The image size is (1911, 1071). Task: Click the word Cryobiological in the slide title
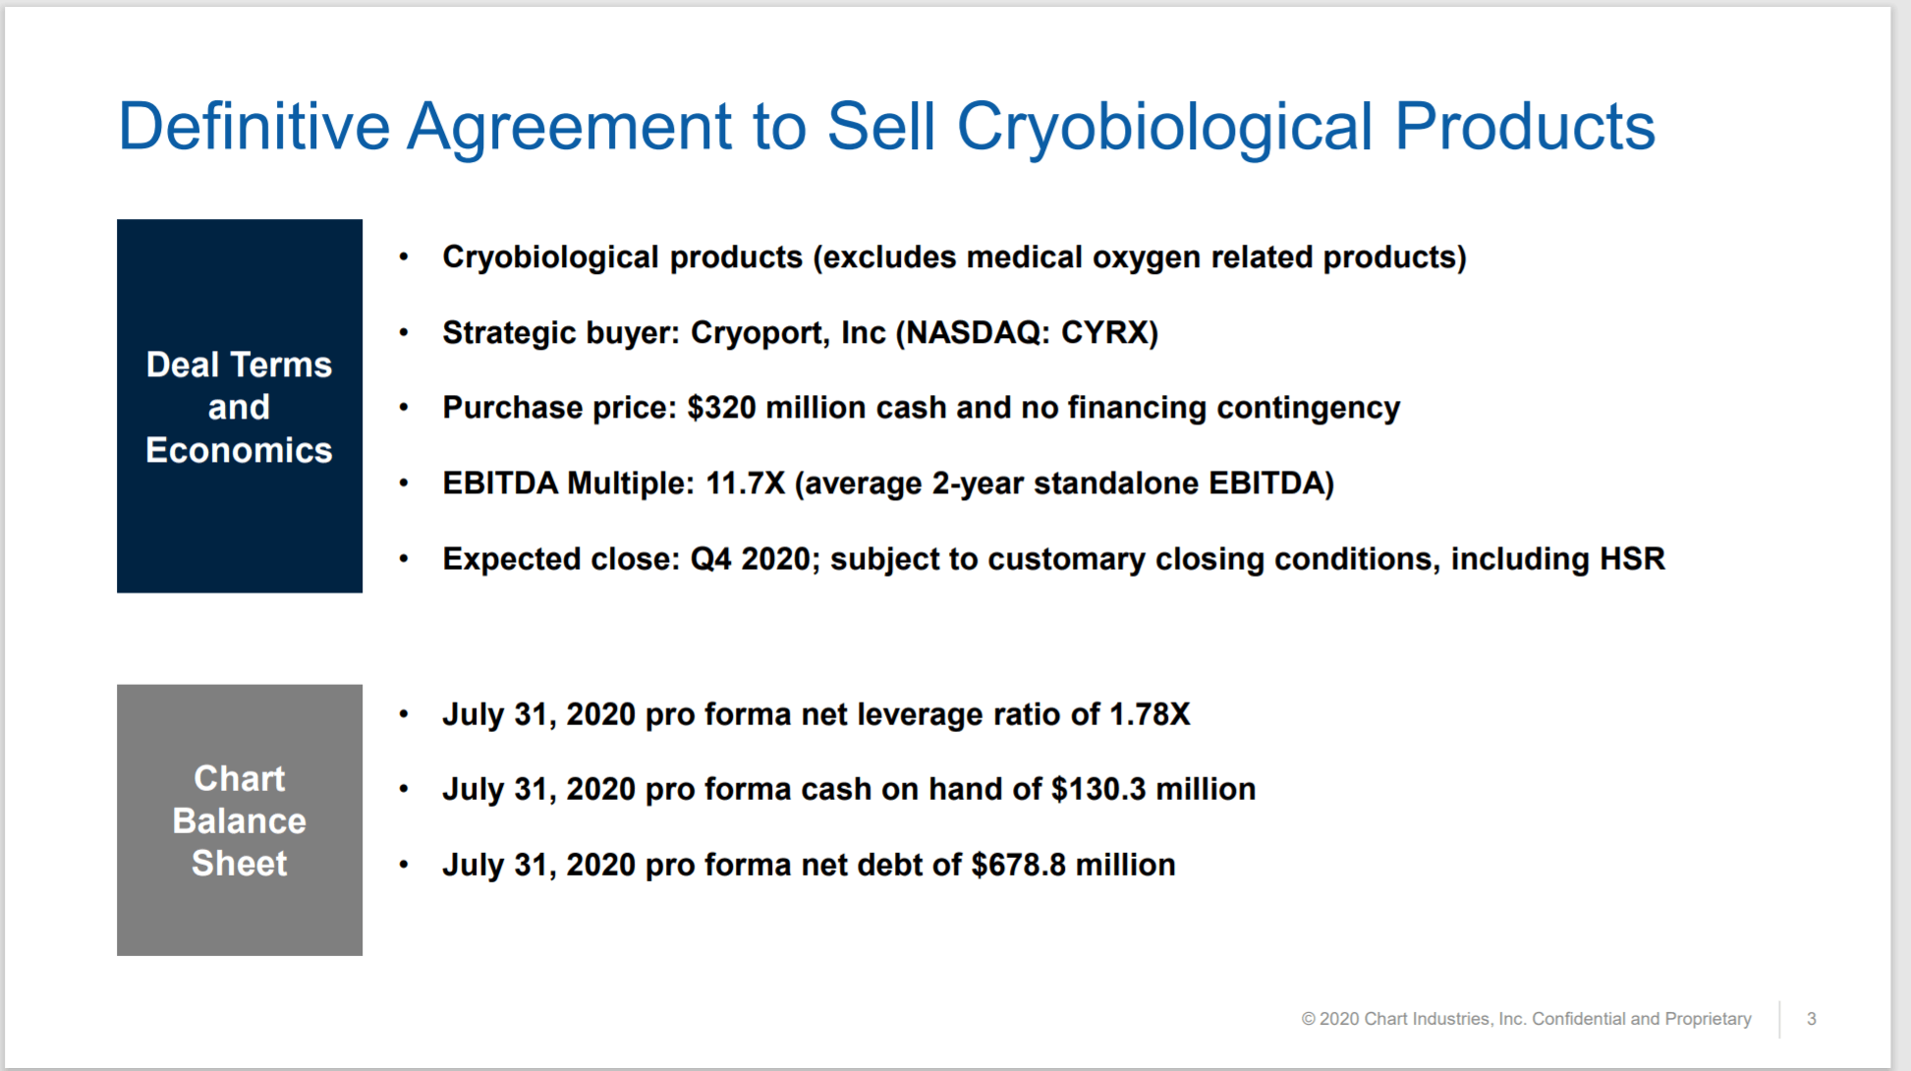click(x=1165, y=128)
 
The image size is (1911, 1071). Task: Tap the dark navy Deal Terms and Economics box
click(x=240, y=406)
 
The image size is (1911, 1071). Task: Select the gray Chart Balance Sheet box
click(x=240, y=819)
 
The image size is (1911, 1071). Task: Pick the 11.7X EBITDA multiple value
click(x=746, y=483)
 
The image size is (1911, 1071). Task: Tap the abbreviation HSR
click(x=1632, y=558)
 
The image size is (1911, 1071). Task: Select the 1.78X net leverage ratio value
click(x=1150, y=714)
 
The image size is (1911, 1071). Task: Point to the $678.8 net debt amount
click(x=1019, y=865)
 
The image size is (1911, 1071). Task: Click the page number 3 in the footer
click(x=1812, y=1019)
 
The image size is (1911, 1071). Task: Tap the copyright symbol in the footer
click(x=1308, y=1019)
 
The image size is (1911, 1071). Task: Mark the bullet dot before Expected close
click(x=404, y=559)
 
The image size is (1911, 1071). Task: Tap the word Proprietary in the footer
click(x=1708, y=1019)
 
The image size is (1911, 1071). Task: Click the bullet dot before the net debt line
click(x=404, y=866)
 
